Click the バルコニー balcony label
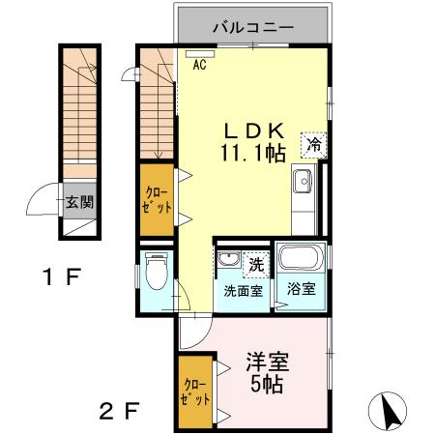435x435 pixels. (253, 26)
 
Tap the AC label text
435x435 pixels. (199, 67)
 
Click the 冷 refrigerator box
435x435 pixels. (314, 144)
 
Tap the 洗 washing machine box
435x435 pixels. (255, 263)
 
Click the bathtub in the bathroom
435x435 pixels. (299, 259)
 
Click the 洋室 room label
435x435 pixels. (267, 363)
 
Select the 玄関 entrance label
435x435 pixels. (79, 203)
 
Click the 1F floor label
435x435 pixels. (59, 278)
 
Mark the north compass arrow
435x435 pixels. (392, 410)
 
